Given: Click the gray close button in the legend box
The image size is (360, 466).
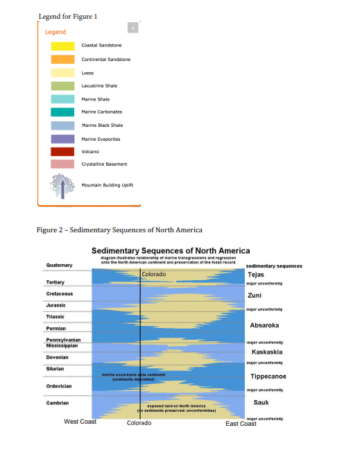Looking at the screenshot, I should pos(133,28).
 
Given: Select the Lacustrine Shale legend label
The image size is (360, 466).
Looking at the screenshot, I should pos(99,86).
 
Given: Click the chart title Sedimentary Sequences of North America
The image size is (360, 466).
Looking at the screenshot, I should pos(171,251).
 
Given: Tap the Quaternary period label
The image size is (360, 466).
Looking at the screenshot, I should pos(59,266).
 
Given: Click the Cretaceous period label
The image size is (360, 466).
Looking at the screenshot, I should pos(59,294).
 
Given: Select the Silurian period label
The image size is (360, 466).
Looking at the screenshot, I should pos(55,368).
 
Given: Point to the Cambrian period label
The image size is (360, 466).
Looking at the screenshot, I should pos(57,403).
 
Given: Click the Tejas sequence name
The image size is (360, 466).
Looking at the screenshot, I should pos(255,275).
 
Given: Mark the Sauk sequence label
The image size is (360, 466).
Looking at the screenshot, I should pos(261,402).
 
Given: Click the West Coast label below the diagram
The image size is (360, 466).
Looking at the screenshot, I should pos(80,422).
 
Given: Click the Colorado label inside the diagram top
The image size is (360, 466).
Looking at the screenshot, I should pos(154,275).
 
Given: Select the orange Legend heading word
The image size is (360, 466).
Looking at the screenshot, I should pos(55,32).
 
